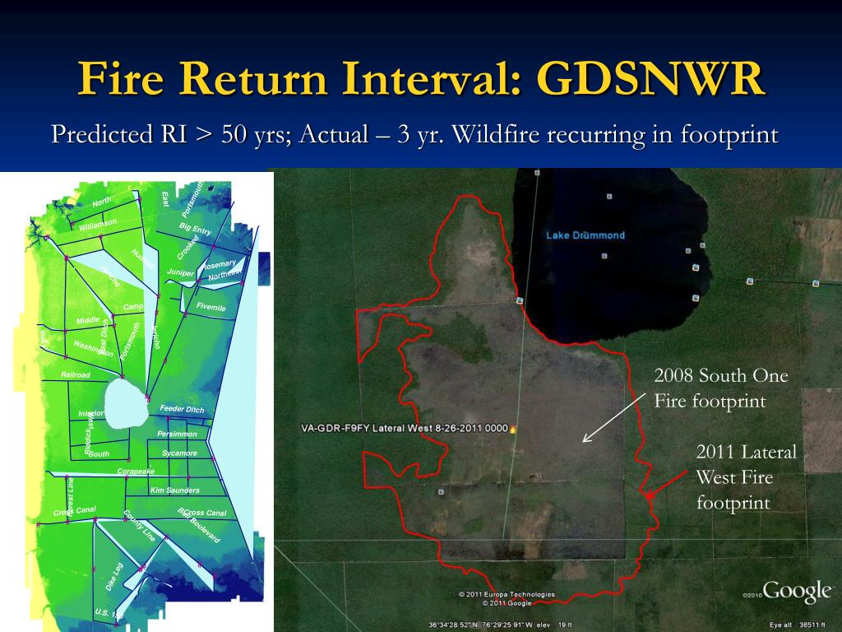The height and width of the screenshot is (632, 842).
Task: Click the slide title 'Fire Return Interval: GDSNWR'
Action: click(x=421, y=79)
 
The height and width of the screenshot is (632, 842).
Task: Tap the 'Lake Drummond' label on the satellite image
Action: click(x=585, y=235)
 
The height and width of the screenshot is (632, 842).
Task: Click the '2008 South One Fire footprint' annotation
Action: click(x=720, y=388)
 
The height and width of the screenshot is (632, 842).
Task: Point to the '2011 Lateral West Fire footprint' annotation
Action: click(x=746, y=476)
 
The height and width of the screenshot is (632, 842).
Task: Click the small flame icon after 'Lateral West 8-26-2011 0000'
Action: click(x=514, y=428)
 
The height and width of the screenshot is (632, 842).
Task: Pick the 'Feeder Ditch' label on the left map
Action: click(x=182, y=409)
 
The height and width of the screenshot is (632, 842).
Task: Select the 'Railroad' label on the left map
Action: click(x=76, y=375)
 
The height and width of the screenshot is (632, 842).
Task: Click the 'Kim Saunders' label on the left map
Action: click(x=174, y=490)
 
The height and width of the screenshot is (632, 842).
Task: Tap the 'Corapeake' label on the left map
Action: click(x=136, y=472)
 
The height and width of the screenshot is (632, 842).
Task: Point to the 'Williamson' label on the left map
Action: click(x=98, y=224)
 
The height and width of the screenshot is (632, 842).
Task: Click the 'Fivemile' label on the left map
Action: click(x=210, y=307)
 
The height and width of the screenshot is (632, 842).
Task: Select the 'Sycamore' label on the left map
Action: click(x=179, y=453)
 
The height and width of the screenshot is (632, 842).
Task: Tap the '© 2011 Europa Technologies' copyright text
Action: click(x=507, y=594)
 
